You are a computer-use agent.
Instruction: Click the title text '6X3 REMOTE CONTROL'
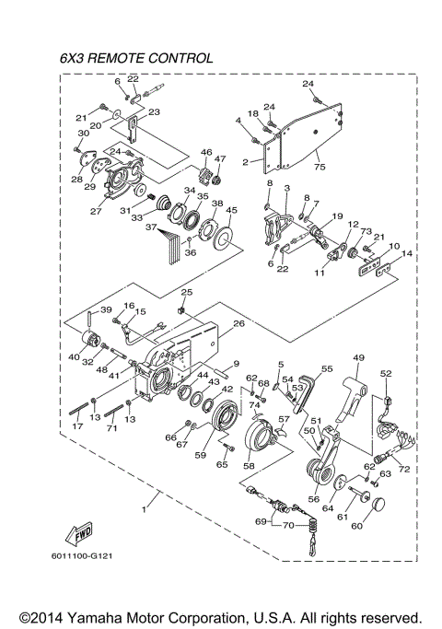click(x=136, y=58)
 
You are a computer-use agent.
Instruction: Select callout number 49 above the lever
click(x=358, y=356)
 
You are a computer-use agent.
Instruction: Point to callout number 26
click(x=238, y=323)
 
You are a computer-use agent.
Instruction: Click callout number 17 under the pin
click(x=78, y=426)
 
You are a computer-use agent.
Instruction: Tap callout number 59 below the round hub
click(x=201, y=453)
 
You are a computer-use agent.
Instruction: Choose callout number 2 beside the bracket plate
click(x=245, y=161)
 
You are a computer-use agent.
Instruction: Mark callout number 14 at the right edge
click(x=407, y=252)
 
